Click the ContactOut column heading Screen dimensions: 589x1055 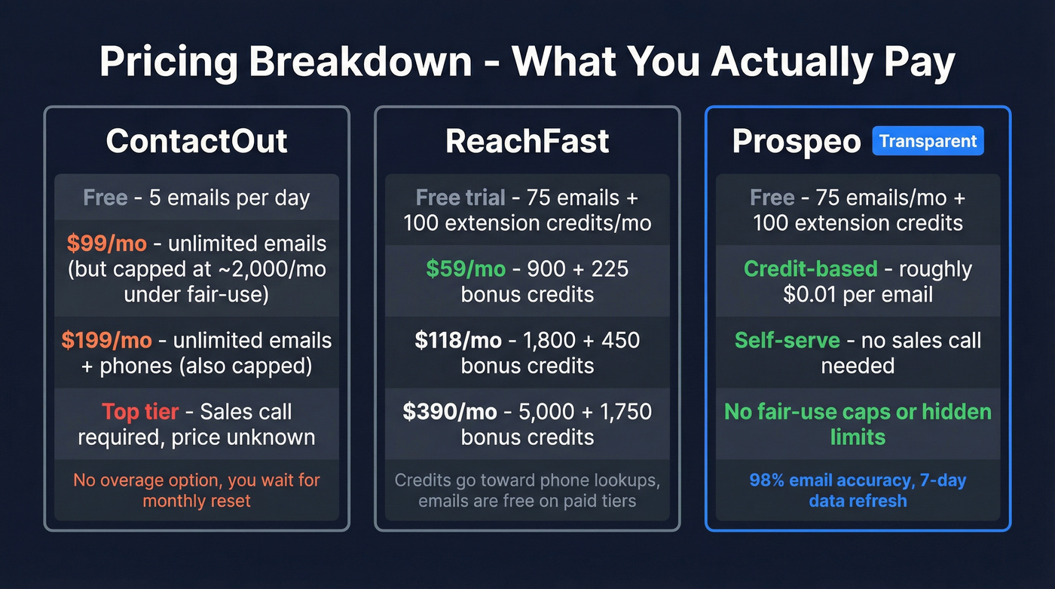[197, 141]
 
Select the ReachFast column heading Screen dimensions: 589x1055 [527, 141]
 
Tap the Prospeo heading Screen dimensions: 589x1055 [796, 141]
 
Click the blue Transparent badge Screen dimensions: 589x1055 [928, 141]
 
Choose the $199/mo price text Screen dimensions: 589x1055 [106, 340]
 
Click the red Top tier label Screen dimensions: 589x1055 [140, 412]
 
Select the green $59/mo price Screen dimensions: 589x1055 [463, 268]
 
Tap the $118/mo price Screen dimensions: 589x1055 [458, 340]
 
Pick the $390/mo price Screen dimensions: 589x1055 [450, 412]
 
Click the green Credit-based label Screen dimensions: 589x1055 [810, 268]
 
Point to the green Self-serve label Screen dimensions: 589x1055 [787, 340]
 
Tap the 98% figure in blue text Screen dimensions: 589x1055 [766, 480]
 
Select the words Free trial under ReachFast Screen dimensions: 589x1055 [460, 198]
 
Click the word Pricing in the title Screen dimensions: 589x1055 [167, 63]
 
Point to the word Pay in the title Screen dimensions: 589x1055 [919, 63]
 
